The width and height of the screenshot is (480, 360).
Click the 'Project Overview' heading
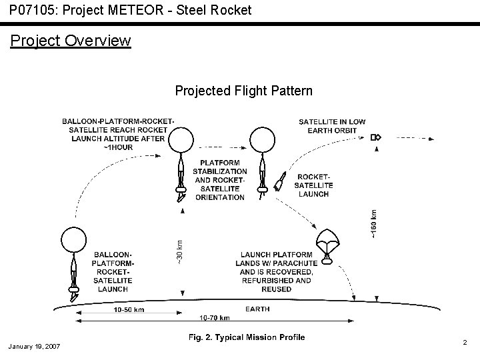pos(71,41)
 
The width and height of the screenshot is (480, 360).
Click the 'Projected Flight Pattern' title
pos(243,91)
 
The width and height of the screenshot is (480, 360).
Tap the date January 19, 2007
pos(35,347)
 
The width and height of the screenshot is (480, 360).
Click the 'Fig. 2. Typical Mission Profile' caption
pos(247,337)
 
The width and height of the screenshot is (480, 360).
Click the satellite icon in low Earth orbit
pos(375,137)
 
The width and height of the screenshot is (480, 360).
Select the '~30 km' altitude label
pos(179,251)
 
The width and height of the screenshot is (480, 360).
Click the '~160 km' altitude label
pos(374,224)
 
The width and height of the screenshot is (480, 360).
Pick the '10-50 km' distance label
pos(129,310)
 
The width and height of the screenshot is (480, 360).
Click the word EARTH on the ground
pos(257,309)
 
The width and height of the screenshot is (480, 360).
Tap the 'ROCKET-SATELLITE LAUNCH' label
pos(314,185)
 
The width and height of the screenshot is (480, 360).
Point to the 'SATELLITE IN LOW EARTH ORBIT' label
pos(331,126)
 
